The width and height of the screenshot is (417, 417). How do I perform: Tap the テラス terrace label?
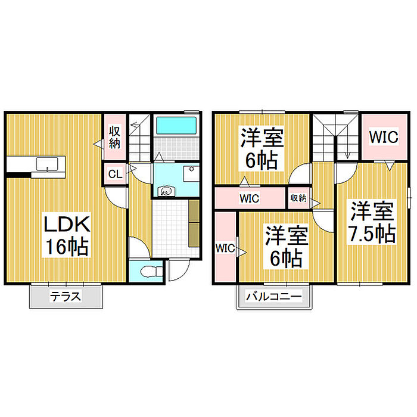66,297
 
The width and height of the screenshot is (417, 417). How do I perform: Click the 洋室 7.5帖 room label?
372,222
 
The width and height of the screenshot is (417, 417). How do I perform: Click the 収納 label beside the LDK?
114,138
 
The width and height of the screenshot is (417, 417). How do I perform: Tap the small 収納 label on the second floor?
298,198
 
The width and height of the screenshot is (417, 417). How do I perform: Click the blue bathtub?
176,127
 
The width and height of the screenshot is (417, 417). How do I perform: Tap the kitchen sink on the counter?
45,164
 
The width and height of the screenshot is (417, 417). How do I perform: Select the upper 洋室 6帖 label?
262,149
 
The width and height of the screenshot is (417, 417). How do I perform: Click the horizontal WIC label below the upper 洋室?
250,198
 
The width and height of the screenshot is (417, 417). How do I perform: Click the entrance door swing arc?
177,272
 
